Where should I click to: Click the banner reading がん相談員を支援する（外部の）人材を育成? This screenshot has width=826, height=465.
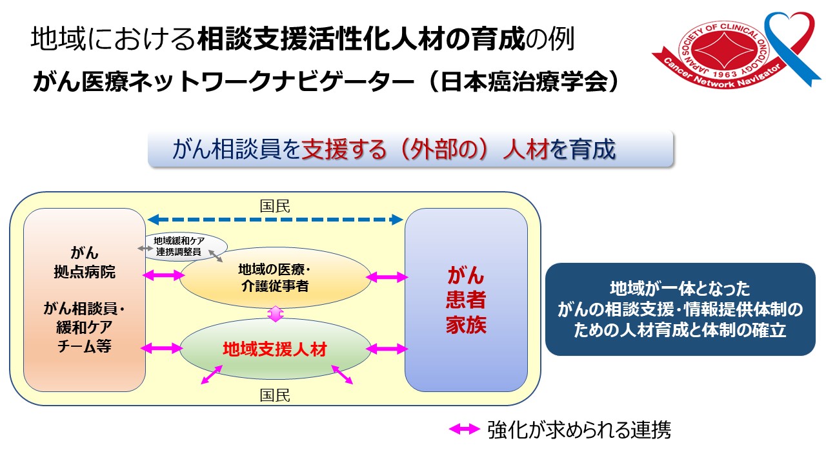410,150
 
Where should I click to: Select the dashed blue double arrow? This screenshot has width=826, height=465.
275,220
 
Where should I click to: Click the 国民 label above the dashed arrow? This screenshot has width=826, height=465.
275,206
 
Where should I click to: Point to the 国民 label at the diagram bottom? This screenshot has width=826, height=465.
275,395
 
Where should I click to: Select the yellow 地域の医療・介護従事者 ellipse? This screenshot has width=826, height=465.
275,278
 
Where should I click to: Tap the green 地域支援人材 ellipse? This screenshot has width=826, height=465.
275,349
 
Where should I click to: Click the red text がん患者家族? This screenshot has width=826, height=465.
466,300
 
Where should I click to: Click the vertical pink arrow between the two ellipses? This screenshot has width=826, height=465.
276,314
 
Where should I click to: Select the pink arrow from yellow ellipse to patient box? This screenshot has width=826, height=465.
387,277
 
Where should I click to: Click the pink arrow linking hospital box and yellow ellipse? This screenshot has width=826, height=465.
162,276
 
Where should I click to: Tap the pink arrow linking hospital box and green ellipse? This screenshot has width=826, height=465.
162,349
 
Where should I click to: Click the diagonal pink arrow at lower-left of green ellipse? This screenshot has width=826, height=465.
212,375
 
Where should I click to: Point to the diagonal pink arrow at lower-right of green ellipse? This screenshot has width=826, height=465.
342,375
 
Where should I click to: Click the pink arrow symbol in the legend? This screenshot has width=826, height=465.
465,429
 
